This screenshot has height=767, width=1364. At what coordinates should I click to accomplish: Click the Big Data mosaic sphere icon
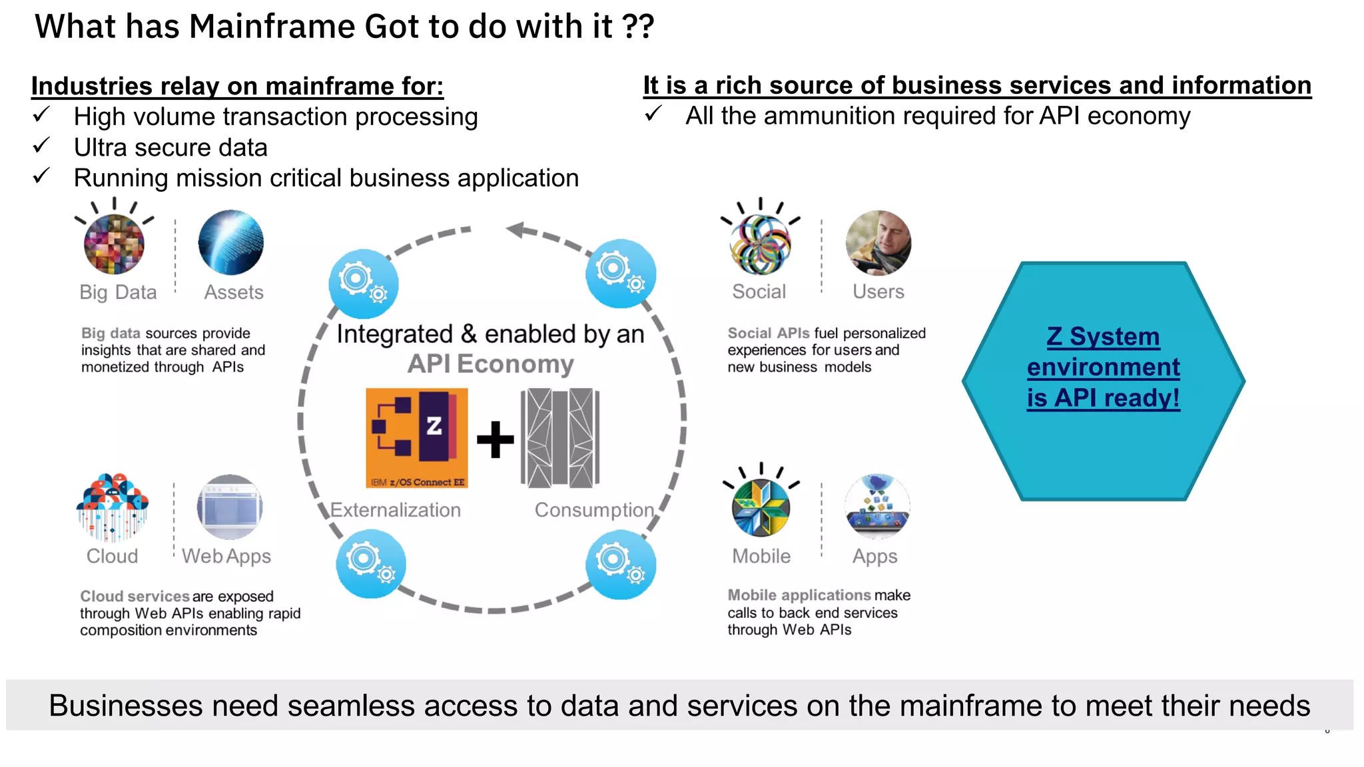pos(114,244)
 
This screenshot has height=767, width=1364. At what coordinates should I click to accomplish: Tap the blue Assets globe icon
pos(230,242)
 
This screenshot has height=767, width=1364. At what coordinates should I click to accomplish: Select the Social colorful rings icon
pos(761,244)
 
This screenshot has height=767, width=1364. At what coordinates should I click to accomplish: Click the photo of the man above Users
pos(878,242)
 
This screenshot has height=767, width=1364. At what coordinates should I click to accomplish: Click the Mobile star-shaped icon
pos(761,507)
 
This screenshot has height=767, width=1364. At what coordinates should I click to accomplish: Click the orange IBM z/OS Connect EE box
pos(417,438)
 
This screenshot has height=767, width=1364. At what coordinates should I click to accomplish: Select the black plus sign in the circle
pos(495,439)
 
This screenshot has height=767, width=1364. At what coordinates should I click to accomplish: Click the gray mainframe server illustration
pos(559,438)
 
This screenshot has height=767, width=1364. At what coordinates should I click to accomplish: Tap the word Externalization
pos(396,510)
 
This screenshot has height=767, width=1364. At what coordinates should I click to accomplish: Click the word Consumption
pos(594,510)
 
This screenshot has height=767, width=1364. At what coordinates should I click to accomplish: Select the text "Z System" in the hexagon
pos(1103,336)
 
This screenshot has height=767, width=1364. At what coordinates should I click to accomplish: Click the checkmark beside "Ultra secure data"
pos(41,146)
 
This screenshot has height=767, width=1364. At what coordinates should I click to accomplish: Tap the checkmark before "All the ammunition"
pos(653,115)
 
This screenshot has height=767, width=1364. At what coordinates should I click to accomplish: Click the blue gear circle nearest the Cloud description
pos(370,563)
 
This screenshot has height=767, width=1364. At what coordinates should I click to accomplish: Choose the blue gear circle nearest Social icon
pos(620,273)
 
